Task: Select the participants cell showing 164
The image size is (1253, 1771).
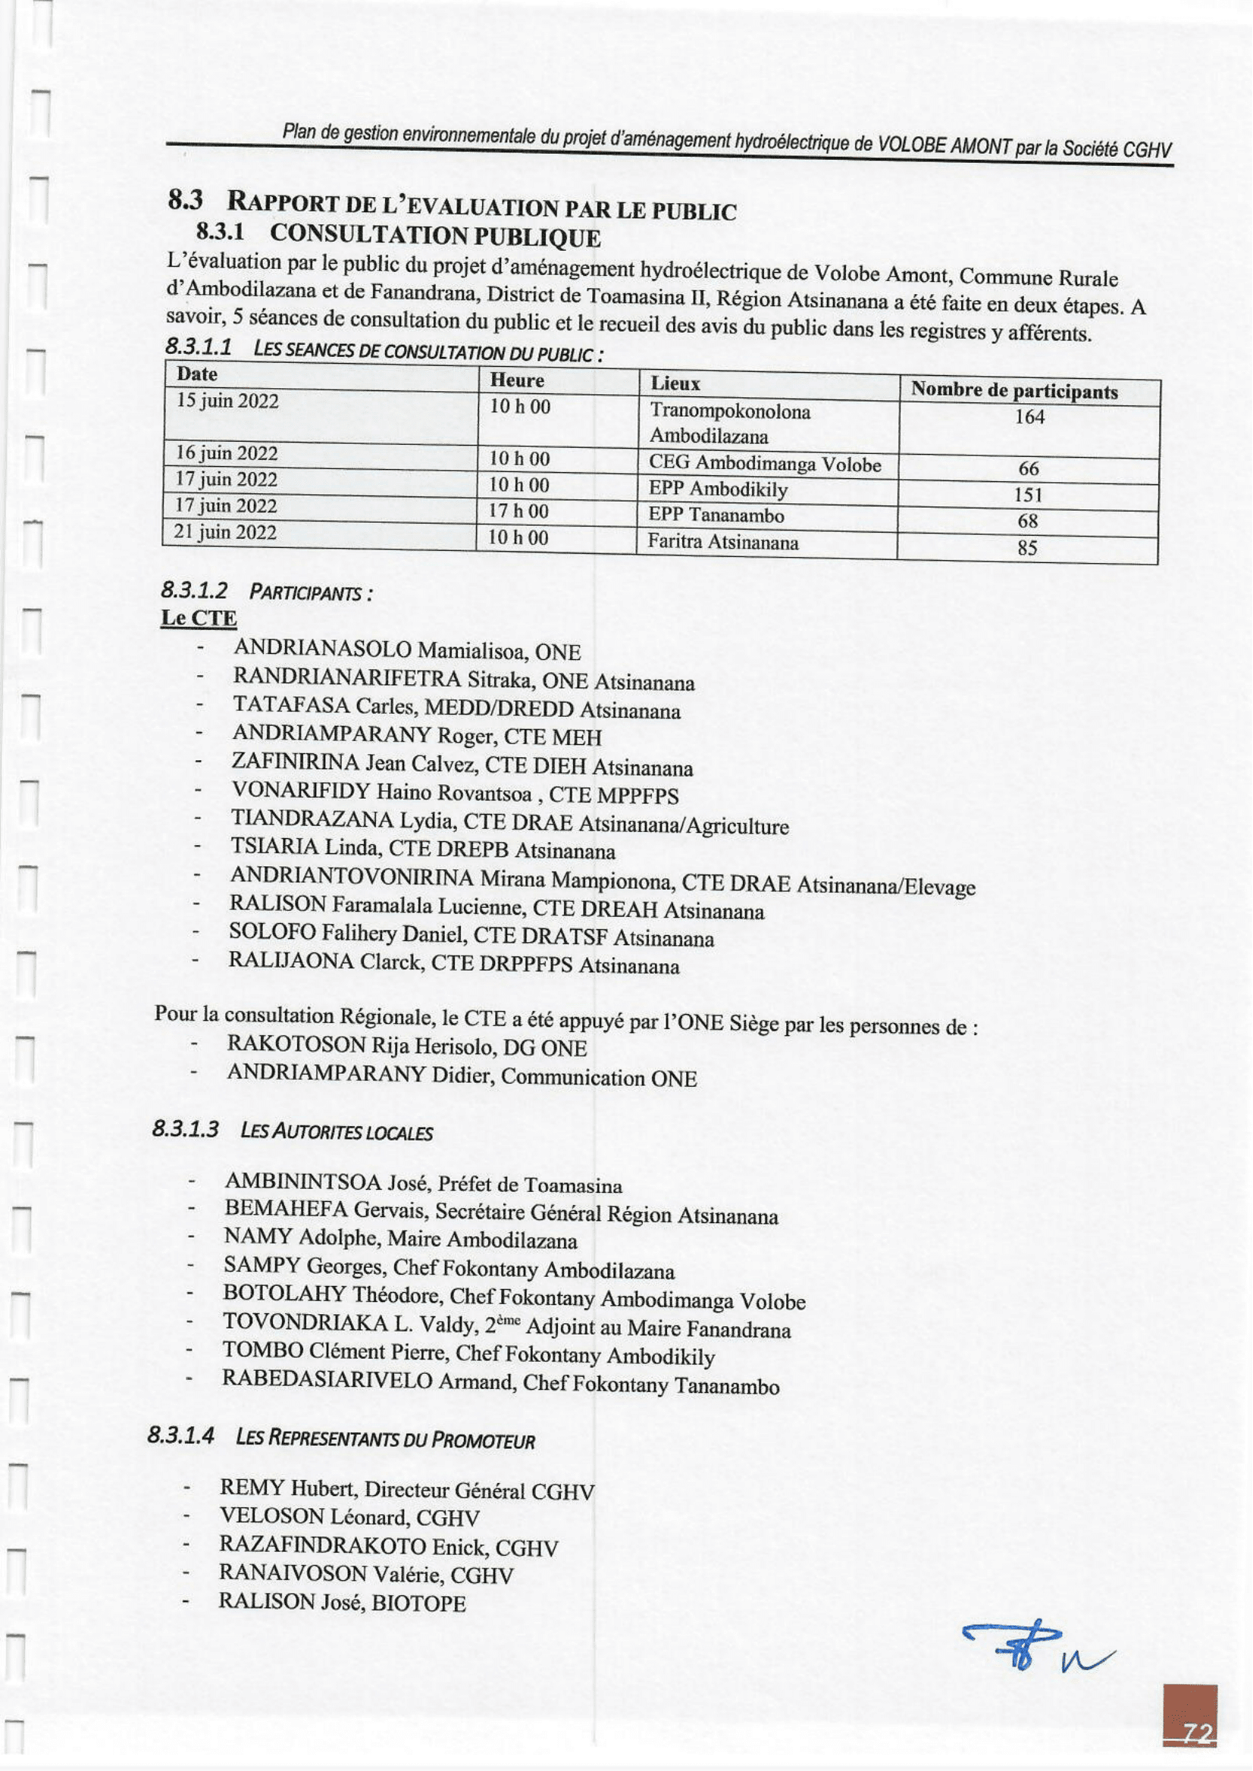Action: [x=1029, y=418]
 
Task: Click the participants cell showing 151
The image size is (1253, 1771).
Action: [x=1029, y=495]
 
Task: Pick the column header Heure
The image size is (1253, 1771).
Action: [x=517, y=380]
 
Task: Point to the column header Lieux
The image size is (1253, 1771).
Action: [x=675, y=383]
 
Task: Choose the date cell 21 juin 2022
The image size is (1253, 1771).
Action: [x=225, y=532]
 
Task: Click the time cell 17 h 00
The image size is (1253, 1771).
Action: [x=518, y=511]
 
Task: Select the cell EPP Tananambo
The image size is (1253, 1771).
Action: [x=716, y=515]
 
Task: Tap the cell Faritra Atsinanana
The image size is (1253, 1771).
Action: [x=723, y=543]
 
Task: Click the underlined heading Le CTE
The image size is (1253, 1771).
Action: [x=199, y=618]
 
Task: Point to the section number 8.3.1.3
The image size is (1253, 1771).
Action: [x=185, y=1129]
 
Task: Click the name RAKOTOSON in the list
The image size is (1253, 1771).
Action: [x=296, y=1044]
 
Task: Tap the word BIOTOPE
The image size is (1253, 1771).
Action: [x=419, y=1604]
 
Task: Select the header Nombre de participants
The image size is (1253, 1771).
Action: [x=1013, y=391]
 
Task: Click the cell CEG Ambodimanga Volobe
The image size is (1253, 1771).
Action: [x=765, y=464]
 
